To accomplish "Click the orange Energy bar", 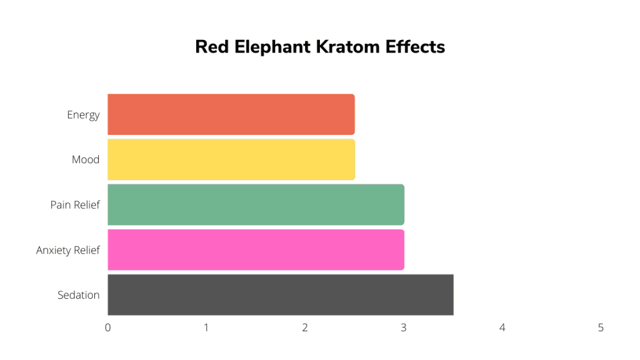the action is tap(231, 114).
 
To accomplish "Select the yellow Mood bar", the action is tap(231, 159).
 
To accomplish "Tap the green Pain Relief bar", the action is tap(256, 204).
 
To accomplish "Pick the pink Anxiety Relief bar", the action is tap(256, 250).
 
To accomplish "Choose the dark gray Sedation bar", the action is tap(281, 295).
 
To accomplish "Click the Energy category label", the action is tap(83, 115).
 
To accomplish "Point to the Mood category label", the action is tap(86, 159).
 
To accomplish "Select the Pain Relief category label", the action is tap(75, 204).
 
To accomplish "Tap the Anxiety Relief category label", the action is tap(67, 250).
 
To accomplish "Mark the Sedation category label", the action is tap(78, 295).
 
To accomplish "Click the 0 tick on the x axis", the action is tap(107, 327).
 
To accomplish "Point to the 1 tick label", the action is tap(206, 327).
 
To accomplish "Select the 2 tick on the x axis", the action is tap(305, 327).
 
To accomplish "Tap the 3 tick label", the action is tap(404, 327).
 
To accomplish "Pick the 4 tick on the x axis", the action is tap(502, 327).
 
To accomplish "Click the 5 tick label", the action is tap(601, 327).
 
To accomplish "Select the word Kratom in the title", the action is tap(347, 47).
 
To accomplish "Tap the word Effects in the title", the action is tap(415, 47).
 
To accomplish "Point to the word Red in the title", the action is tap(212, 47).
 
